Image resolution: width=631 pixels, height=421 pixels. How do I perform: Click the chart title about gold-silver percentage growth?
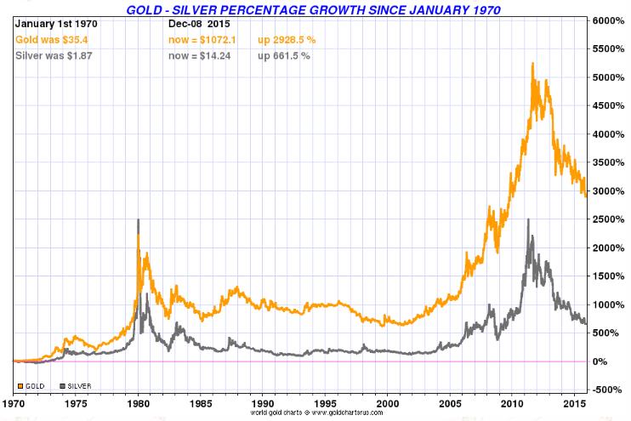coord(313,9)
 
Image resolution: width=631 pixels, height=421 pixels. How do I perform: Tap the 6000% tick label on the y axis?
coord(609,20)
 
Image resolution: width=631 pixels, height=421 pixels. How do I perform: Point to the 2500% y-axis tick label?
coord(609,219)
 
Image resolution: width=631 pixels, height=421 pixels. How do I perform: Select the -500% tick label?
coord(609,390)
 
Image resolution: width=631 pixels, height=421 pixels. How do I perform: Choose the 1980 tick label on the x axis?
coord(138,402)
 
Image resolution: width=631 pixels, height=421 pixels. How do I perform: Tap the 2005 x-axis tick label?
coord(450,402)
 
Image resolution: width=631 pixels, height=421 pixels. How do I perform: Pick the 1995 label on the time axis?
coord(326,402)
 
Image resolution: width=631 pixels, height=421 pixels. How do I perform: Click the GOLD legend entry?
coord(33,386)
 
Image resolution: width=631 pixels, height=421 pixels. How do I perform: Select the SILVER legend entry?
coord(77,386)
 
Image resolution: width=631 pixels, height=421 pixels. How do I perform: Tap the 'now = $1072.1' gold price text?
coord(205,39)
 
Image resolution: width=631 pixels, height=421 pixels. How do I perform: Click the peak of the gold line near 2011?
coord(532,63)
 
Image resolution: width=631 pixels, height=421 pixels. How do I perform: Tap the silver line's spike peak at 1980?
coord(138,219)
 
